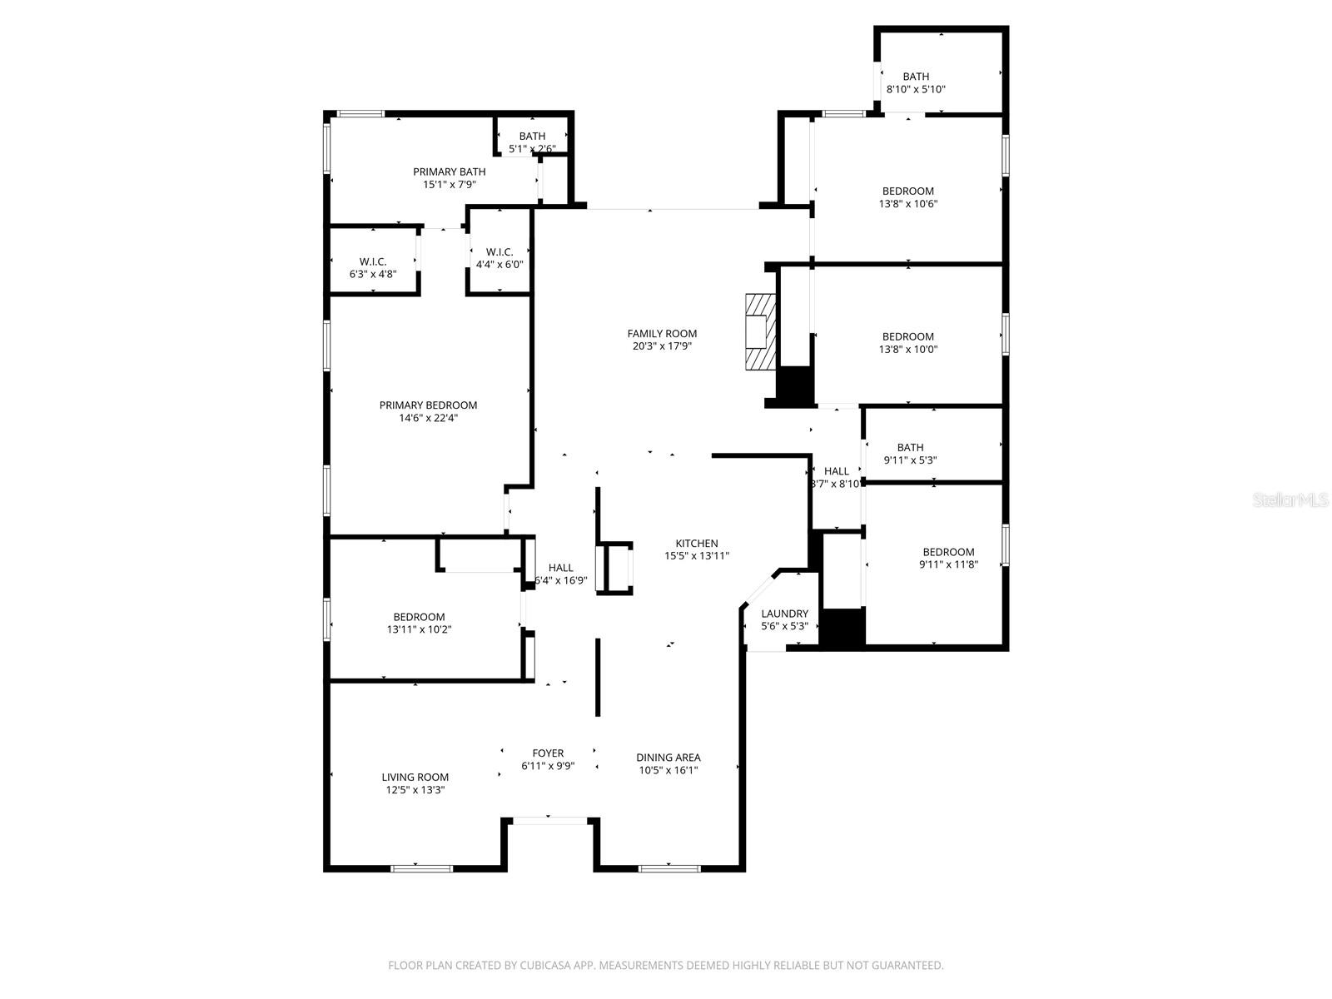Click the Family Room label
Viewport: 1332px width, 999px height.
pyautogui.click(x=662, y=334)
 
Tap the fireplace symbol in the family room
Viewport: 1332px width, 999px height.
pyautogui.click(x=759, y=331)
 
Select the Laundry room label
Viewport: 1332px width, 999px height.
pyautogui.click(x=784, y=614)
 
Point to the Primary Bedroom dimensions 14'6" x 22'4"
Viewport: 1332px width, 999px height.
pyautogui.click(x=428, y=419)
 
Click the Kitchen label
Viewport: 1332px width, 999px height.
pyautogui.click(x=696, y=544)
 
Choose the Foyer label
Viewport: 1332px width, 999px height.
pyautogui.click(x=548, y=753)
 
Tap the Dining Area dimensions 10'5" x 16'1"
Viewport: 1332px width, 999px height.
pyautogui.click(x=668, y=771)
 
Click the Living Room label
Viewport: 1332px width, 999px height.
pyautogui.click(x=415, y=778)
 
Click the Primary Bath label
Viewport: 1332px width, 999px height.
pyautogui.click(x=449, y=172)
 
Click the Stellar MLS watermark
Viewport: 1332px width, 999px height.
pyautogui.click(x=1290, y=500)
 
